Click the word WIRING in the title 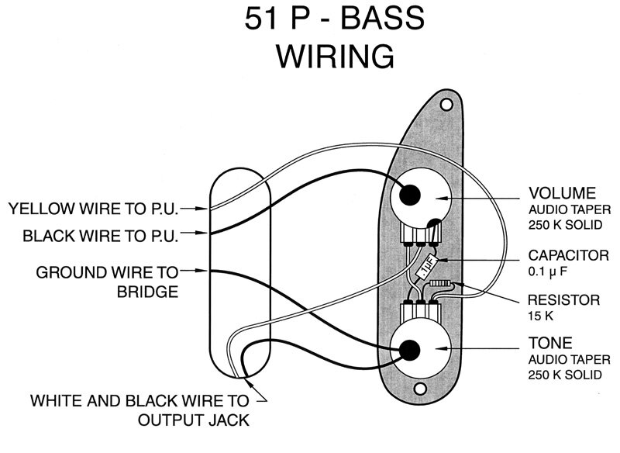336,56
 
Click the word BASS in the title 382,18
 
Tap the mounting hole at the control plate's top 446,105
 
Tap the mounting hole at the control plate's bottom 420,389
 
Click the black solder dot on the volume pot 410,195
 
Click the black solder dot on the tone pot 409,350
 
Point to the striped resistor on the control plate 440,283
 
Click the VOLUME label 563,193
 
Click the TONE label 550,343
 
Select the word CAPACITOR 568,255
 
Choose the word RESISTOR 564,300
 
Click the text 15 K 540,316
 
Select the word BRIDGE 147,292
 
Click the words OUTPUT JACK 194,420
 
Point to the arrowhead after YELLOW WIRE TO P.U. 203,208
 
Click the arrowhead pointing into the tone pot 440,348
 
